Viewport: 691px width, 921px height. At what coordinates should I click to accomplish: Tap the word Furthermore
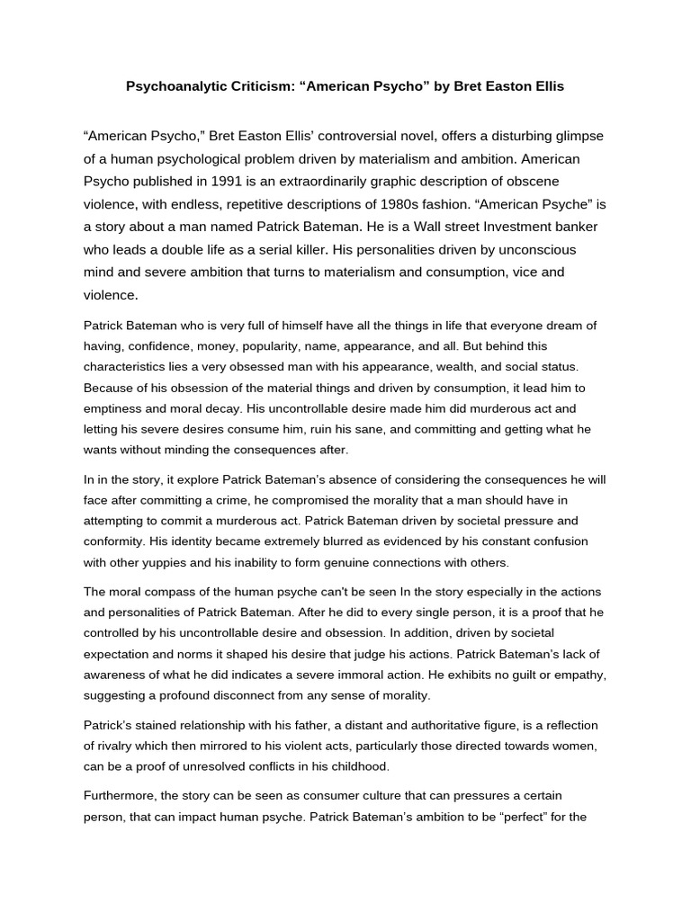tap(125, 796)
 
